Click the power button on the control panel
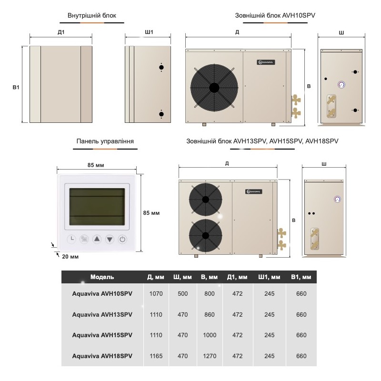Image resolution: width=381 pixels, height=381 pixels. pyautogui.click(x=122, y=239)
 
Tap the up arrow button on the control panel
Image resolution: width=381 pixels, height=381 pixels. pyautogui.click(x=97, y=239)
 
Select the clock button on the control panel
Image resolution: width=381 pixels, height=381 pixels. pyautogui.click(x=71, y=239)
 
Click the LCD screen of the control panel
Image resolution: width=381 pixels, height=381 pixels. pyautogui.click(x=98, y=207)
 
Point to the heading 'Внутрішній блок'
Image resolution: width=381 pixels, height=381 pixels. pyautogui.click(x=91, y=15)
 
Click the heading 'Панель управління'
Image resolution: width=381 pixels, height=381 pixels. pyautogui.click(x=105, y=141)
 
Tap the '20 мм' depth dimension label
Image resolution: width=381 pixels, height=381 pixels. pyautogui.click(x=70, y=257)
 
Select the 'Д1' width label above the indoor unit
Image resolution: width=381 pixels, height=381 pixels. pyautogui.click(x=61, y=32)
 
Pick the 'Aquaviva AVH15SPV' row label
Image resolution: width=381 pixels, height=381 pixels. pyautogui.click(x=102, y=335)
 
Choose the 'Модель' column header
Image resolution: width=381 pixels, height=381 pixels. pyautogui.click(x=102, y=277)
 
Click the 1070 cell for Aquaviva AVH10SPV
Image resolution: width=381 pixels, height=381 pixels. pyautogui.click(x=156, y=294)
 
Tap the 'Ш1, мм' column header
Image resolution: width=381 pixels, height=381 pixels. pyautogui.click(x=269, y=277)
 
